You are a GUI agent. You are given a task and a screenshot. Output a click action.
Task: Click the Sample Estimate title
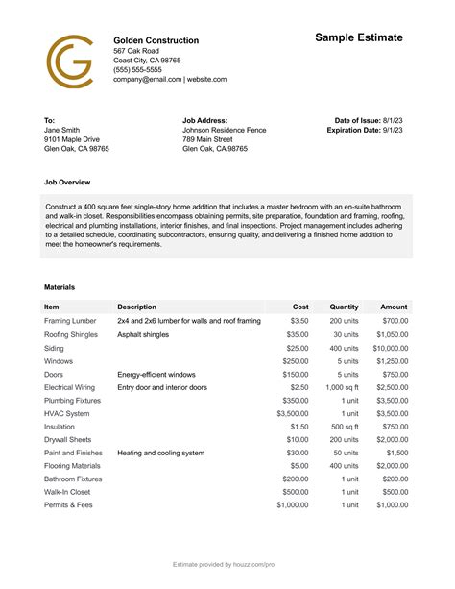tap(359, 37)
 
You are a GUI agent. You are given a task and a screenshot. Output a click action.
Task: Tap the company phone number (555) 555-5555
tap(137, 70)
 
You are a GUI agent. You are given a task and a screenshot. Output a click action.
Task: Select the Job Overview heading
tap(68, 181)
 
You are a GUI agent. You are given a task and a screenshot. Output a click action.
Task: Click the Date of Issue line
tap(370, 120)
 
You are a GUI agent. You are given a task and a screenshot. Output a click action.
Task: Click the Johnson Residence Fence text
tap(224, 130)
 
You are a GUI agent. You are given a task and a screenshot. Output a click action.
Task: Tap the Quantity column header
tap(344, 307)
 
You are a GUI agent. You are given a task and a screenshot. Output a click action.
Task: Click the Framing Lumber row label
tap(70, 321)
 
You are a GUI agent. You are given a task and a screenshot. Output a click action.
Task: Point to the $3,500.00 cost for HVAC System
tap(293, 413)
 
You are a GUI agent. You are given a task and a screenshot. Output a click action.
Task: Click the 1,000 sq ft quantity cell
tap(342, 387)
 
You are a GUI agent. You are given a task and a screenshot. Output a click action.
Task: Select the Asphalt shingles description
tap(143, 334)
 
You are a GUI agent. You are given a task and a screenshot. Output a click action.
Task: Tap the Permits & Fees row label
tap(67, 505)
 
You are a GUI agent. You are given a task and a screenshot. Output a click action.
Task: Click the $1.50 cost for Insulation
tap(299, 427)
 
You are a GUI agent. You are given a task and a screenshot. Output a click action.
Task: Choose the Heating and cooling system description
tap(160, 453)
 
